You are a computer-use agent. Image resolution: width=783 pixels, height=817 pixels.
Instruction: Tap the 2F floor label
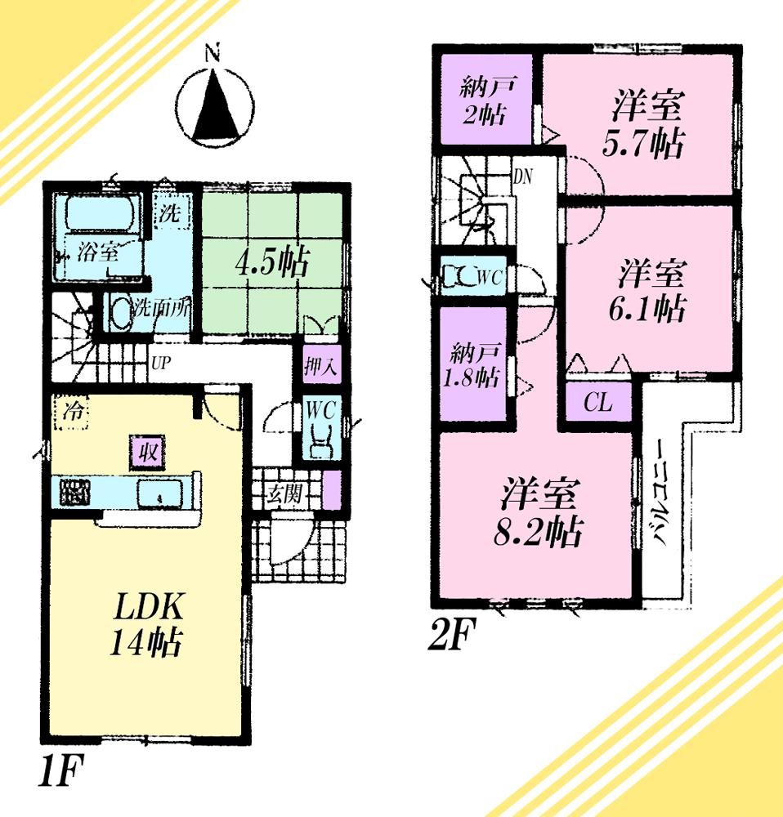pos(452,635)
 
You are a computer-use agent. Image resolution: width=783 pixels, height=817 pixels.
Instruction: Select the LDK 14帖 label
pos(146,624)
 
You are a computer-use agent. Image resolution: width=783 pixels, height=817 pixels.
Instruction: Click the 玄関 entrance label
pos(286,493)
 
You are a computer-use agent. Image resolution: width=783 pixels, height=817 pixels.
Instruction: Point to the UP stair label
pos(161,360)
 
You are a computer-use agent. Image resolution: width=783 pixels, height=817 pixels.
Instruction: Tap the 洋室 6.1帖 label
pos(651,291)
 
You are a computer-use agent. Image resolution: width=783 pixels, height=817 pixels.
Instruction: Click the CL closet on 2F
pos(599,404)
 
